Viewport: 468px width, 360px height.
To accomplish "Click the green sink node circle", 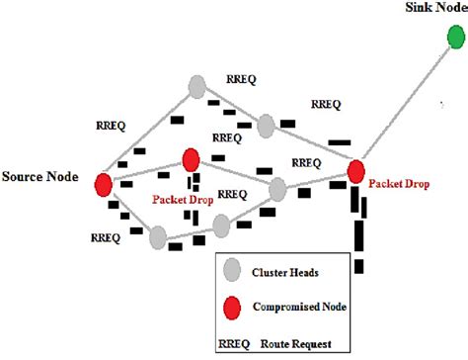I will tap(455, 38).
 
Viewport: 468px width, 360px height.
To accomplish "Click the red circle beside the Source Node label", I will tap(102, 184).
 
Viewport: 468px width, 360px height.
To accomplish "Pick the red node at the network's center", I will tap(192, 159).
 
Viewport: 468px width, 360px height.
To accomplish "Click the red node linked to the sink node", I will tap(356, 172).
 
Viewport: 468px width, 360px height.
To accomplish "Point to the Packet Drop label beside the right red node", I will tap(401, 184).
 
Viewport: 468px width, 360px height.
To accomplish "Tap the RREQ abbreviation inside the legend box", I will tap(236, 343).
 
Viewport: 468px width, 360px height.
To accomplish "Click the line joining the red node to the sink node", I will tap(405, 105).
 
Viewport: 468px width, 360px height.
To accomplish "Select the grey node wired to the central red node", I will tap(277, 188).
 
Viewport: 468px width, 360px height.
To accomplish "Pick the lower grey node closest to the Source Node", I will tap(157, 237).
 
